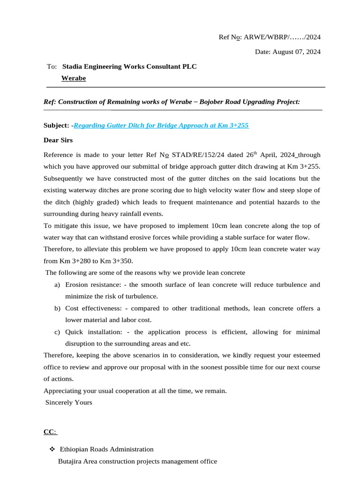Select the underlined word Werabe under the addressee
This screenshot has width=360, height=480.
point(74,78)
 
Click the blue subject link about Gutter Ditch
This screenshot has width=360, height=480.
point(161,125)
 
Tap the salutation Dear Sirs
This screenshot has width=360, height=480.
point(58,140)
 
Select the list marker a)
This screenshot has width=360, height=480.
point(57,285)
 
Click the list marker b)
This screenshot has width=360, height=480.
point(57,308)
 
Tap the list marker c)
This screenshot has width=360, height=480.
point(57,332)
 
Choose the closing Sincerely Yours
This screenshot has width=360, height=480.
point(68,402)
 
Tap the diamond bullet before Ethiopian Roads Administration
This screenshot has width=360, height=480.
point(52,449)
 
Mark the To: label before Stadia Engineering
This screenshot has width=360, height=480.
point(52,67)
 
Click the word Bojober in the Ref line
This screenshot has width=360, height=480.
point(214,102)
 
